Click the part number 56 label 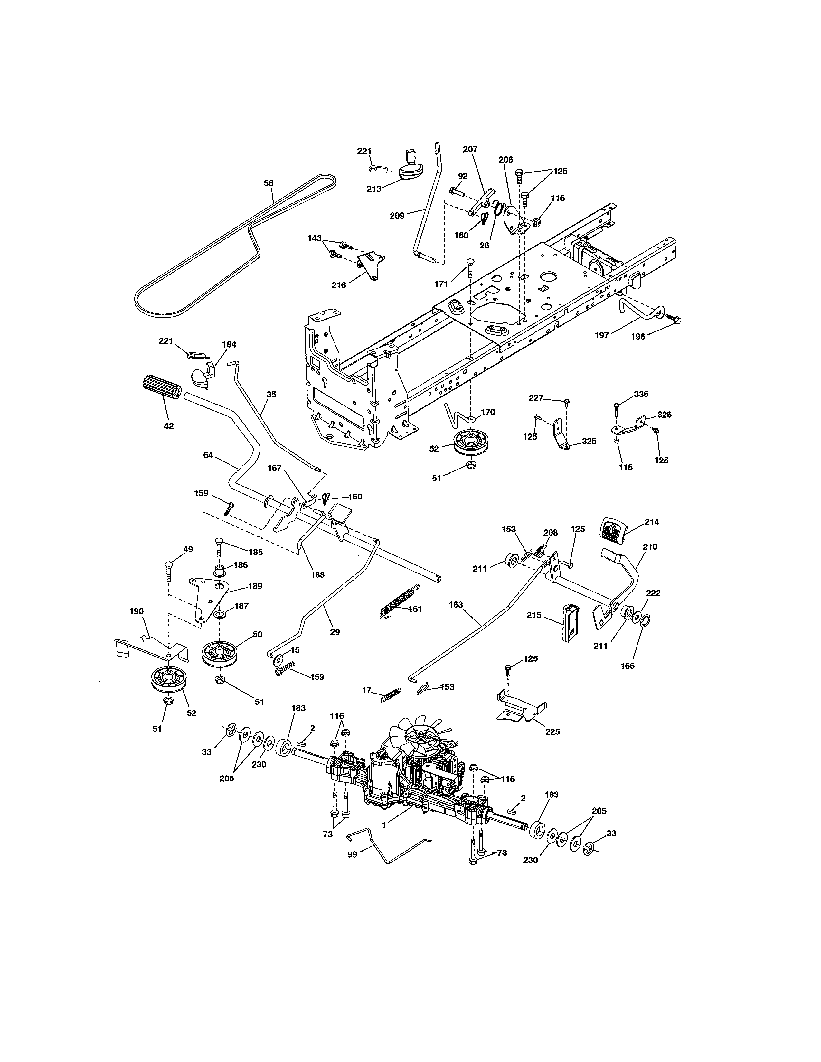coord(269,183)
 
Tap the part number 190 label coord(137,611)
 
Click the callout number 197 coord(602,335)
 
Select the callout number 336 coord(641,394)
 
